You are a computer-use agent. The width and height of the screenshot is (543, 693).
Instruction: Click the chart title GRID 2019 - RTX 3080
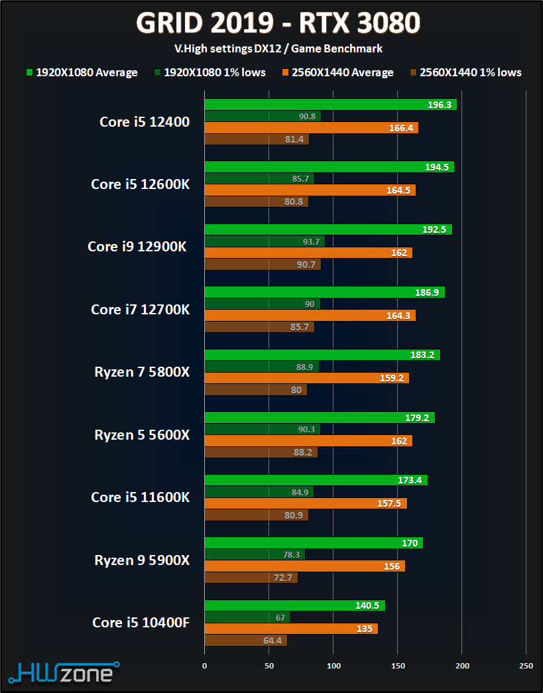point(278,24)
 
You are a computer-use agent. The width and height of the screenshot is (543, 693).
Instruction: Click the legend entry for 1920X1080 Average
point(82,72)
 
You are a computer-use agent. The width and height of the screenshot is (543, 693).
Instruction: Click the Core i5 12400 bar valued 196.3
point(330,105)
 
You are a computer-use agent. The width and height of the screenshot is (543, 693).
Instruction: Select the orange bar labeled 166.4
point(311,127)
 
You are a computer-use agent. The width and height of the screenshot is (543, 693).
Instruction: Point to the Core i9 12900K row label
point(137,246)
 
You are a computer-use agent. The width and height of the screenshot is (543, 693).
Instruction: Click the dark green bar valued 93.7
point(263,241)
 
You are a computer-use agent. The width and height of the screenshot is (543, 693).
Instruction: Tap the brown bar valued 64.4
point(245,641)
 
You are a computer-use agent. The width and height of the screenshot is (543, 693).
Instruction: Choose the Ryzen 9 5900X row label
point(142,560)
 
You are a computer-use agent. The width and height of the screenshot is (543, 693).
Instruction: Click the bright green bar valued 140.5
point(294,605)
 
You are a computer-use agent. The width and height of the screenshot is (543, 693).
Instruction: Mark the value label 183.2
point(422,355)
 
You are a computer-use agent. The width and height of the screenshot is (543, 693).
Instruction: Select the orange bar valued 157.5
point(306,503)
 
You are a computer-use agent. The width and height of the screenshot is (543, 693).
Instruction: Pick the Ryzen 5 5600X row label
point(142,434)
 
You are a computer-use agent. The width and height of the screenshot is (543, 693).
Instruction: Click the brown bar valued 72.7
point(251,578)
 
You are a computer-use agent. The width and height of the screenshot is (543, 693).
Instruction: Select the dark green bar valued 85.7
point(259,178)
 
